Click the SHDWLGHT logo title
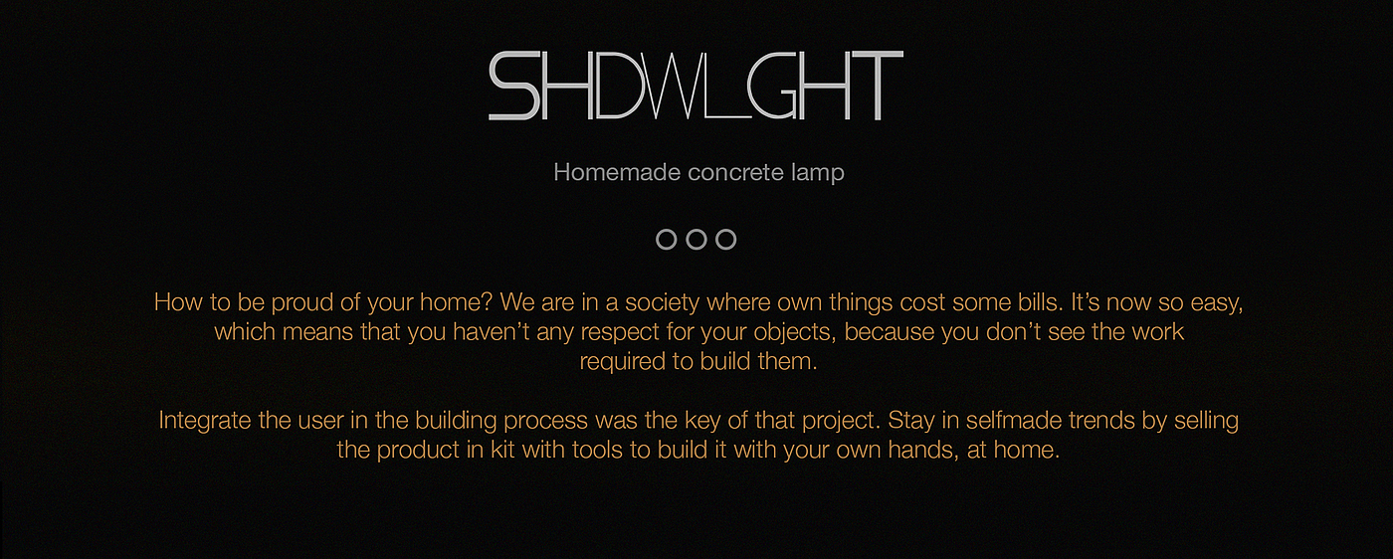pos(696,86)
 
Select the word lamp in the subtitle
pos(818,173)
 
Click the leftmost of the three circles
pos(658,240)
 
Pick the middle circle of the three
pos(688,240)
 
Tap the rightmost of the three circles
pos(717,240)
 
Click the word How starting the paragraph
pos(178,302)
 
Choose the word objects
pos(795,332)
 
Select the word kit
pos(502,450)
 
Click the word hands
pos(923,450)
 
